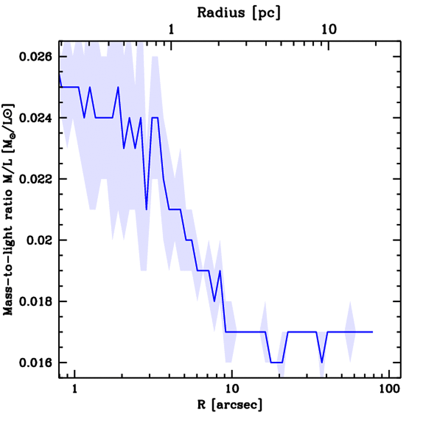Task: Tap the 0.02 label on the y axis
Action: click(x=40, y=240)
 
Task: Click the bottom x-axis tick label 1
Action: click(x=75, y=389)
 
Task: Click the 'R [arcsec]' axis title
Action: click(x=230, y=405)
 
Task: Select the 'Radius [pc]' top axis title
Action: click(x=238, y=12)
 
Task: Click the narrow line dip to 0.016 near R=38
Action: click(x=322, y=362)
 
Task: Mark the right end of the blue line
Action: click(x=372, y=332)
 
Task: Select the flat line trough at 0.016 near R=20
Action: click(x=276, y=362)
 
